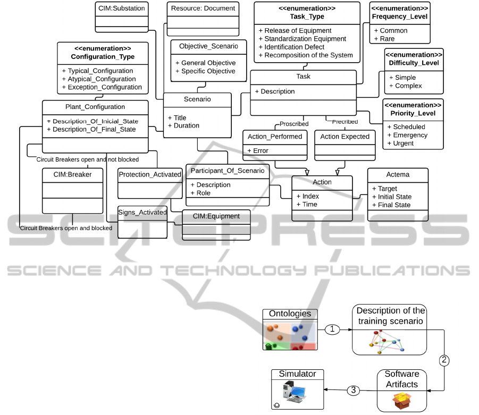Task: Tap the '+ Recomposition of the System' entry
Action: point(306,55)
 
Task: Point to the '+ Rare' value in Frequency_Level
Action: point(384,39)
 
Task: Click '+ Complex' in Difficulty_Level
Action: point(405,86)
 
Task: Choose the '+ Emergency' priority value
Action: point(410,135)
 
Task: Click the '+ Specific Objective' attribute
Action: point(205,71)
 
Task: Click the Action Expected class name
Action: point(344,137)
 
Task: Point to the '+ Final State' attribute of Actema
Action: point(391,205)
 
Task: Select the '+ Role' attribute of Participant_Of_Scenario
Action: point(200,193)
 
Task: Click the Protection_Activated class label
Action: point(150,174)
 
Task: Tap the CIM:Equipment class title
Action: point(216,216)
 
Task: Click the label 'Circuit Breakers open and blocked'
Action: point(66,228)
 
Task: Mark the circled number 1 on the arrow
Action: point(332,329)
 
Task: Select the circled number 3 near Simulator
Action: point(353,391)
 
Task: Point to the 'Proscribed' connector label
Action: point(293,124)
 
